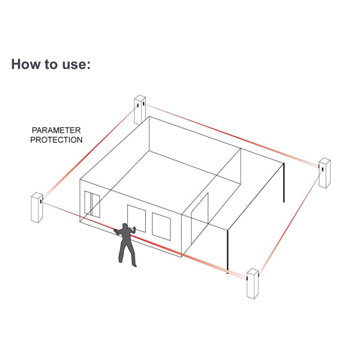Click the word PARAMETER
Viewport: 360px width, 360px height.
coord(56,130)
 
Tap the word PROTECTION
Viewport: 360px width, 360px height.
coord(56,140)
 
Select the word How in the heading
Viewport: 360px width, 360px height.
coord(25,64)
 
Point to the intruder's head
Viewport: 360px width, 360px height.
coord(124,226)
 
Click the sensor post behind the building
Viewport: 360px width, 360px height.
coord(140,109)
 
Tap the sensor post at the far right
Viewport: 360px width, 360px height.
coord(324,173)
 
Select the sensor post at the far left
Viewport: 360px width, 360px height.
coord(37,207)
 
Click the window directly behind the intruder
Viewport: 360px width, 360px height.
coord(136,218)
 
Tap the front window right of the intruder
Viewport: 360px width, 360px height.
coord(161,226)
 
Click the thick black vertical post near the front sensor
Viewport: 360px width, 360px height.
coord(228,251)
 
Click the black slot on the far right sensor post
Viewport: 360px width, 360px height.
coord(322,169)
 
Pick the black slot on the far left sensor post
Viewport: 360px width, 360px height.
coord(41,202)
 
